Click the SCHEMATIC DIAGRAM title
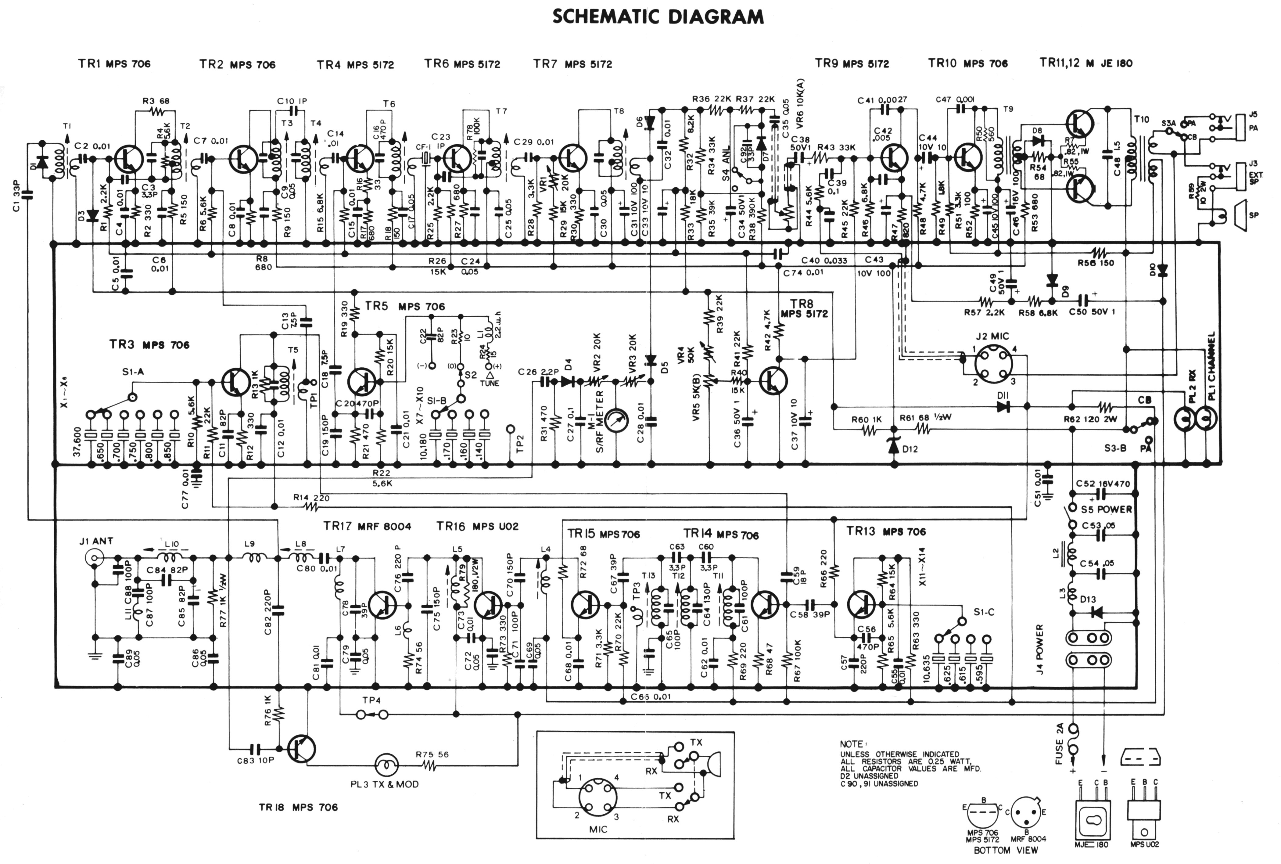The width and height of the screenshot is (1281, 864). click(x=658, y=17)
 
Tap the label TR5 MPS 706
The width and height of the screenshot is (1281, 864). click(x=405, y=306)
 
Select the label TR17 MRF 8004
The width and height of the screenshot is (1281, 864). click(x=367, y=526)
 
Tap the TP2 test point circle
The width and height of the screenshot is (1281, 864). click(x=511, y=429)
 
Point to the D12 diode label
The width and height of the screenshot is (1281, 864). click(x=910, y=449)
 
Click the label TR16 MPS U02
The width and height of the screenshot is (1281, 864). click(x=478, y=526)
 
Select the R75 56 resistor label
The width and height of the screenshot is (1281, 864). click(x=432, y=754)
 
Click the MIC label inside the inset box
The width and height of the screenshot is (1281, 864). click(x=598, y=829)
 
